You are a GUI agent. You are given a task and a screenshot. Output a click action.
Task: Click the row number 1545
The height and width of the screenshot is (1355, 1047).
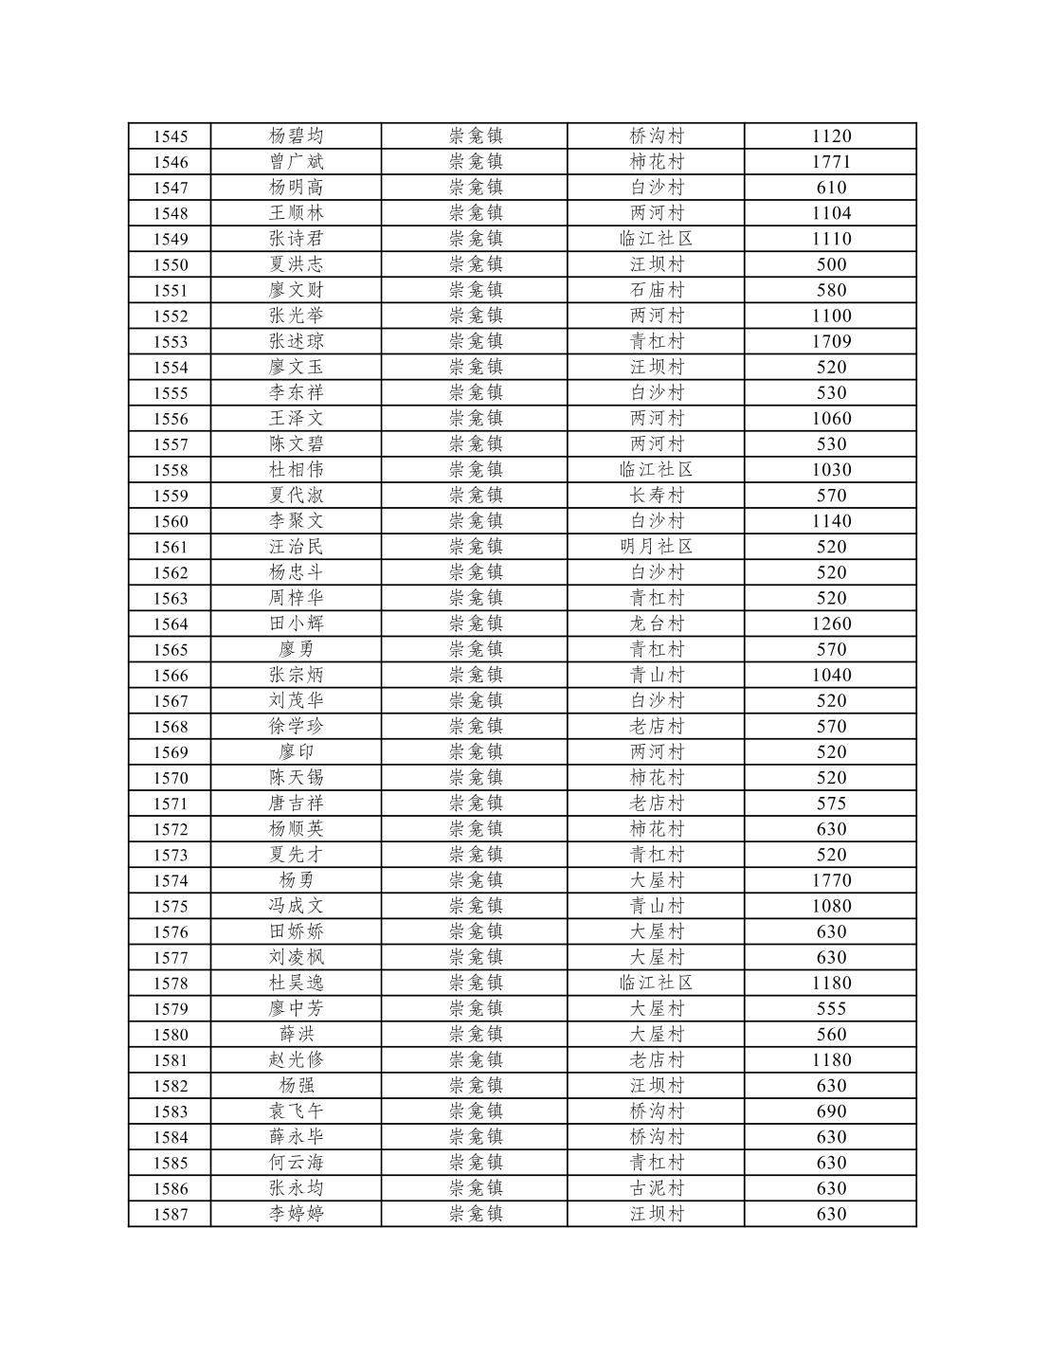[170, 136]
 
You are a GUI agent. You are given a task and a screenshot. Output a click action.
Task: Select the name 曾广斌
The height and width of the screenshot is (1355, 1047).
[296, 162]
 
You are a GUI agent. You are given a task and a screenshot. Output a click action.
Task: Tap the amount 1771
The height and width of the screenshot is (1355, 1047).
[831, 162]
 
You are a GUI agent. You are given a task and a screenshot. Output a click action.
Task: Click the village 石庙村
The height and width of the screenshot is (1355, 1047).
[656, 290]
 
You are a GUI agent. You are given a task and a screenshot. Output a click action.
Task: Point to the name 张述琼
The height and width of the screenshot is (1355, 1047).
[296, 341]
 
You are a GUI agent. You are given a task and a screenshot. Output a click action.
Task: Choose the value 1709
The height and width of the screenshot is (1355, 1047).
[831, 341]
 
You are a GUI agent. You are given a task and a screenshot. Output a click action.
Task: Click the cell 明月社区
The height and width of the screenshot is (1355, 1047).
[656, 547]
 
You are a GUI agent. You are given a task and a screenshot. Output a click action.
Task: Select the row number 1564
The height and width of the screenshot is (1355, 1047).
[170, 623]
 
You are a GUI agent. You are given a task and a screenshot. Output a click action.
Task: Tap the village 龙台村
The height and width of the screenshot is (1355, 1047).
[656, 623]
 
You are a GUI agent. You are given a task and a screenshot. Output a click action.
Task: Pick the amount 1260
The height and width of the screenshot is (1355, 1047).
[831, 623]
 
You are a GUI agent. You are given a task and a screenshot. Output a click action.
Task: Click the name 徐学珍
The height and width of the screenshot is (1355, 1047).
[296, 726]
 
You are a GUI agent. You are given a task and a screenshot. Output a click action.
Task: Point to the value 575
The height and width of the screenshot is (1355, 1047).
[831, 804]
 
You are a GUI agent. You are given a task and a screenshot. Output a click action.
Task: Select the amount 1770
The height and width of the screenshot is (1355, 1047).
[831, 880]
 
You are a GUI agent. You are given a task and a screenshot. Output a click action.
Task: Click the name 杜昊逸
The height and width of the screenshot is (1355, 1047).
[296, 983]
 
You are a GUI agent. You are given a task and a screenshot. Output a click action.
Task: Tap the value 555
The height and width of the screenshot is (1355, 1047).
[831, 1008]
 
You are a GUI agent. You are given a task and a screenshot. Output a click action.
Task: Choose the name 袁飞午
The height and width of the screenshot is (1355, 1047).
[296, 1111]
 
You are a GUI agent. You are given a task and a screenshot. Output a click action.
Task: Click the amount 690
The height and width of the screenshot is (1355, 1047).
[831, 1111]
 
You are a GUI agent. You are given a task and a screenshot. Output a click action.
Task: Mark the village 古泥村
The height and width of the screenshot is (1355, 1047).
[656, 1188]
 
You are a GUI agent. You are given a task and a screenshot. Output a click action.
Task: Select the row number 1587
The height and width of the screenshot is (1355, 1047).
[170, 1214]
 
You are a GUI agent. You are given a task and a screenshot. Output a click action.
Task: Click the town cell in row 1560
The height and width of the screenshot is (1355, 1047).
[475, 521]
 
